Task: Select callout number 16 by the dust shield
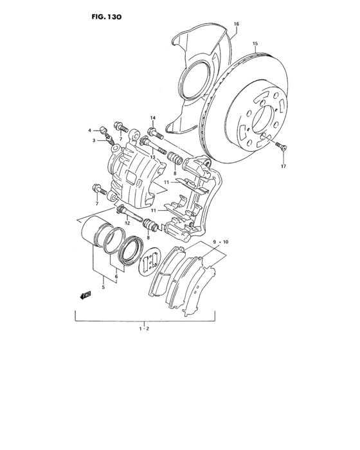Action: [x=237, y=24]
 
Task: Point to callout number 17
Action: [x=282, y=167]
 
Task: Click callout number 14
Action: [x=153, y=118]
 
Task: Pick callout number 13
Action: [x=153, y=157]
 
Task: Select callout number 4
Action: [x=91, y=130]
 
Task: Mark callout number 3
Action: [x=93, y=140]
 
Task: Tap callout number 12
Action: [x=127, y=222]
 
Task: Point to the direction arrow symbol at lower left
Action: [x=84, y=295]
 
